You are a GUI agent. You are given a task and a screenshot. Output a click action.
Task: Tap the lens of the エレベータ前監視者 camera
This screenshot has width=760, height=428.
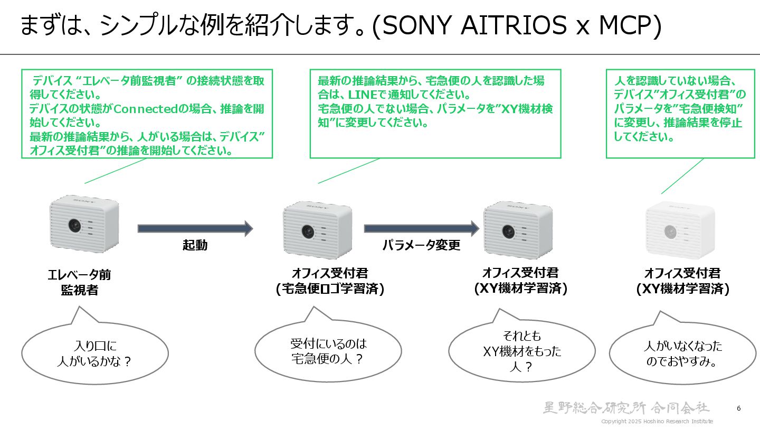[74, 226]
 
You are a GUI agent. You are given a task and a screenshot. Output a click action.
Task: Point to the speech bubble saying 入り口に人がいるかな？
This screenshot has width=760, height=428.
[94, 353]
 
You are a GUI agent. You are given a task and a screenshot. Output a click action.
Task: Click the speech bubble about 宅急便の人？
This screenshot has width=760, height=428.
[328, 351]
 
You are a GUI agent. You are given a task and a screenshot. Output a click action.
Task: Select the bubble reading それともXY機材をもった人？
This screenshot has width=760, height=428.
[521, 351]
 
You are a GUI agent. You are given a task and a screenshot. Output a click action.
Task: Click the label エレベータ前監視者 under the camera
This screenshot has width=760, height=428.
[79, 283]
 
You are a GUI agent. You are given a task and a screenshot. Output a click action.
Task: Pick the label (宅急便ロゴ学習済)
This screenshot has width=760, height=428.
[330, 289]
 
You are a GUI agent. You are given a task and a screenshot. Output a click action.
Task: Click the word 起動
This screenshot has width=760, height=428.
[195, 245]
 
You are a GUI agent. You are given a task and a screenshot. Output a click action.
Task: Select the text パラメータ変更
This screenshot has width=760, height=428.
[421, 245]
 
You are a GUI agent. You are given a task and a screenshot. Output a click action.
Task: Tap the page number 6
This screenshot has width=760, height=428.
[738, 408]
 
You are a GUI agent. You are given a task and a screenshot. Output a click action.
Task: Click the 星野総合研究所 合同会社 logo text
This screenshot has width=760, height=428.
[626, 407]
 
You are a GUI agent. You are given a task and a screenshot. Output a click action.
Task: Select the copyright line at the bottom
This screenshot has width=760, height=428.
[657, 421]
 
